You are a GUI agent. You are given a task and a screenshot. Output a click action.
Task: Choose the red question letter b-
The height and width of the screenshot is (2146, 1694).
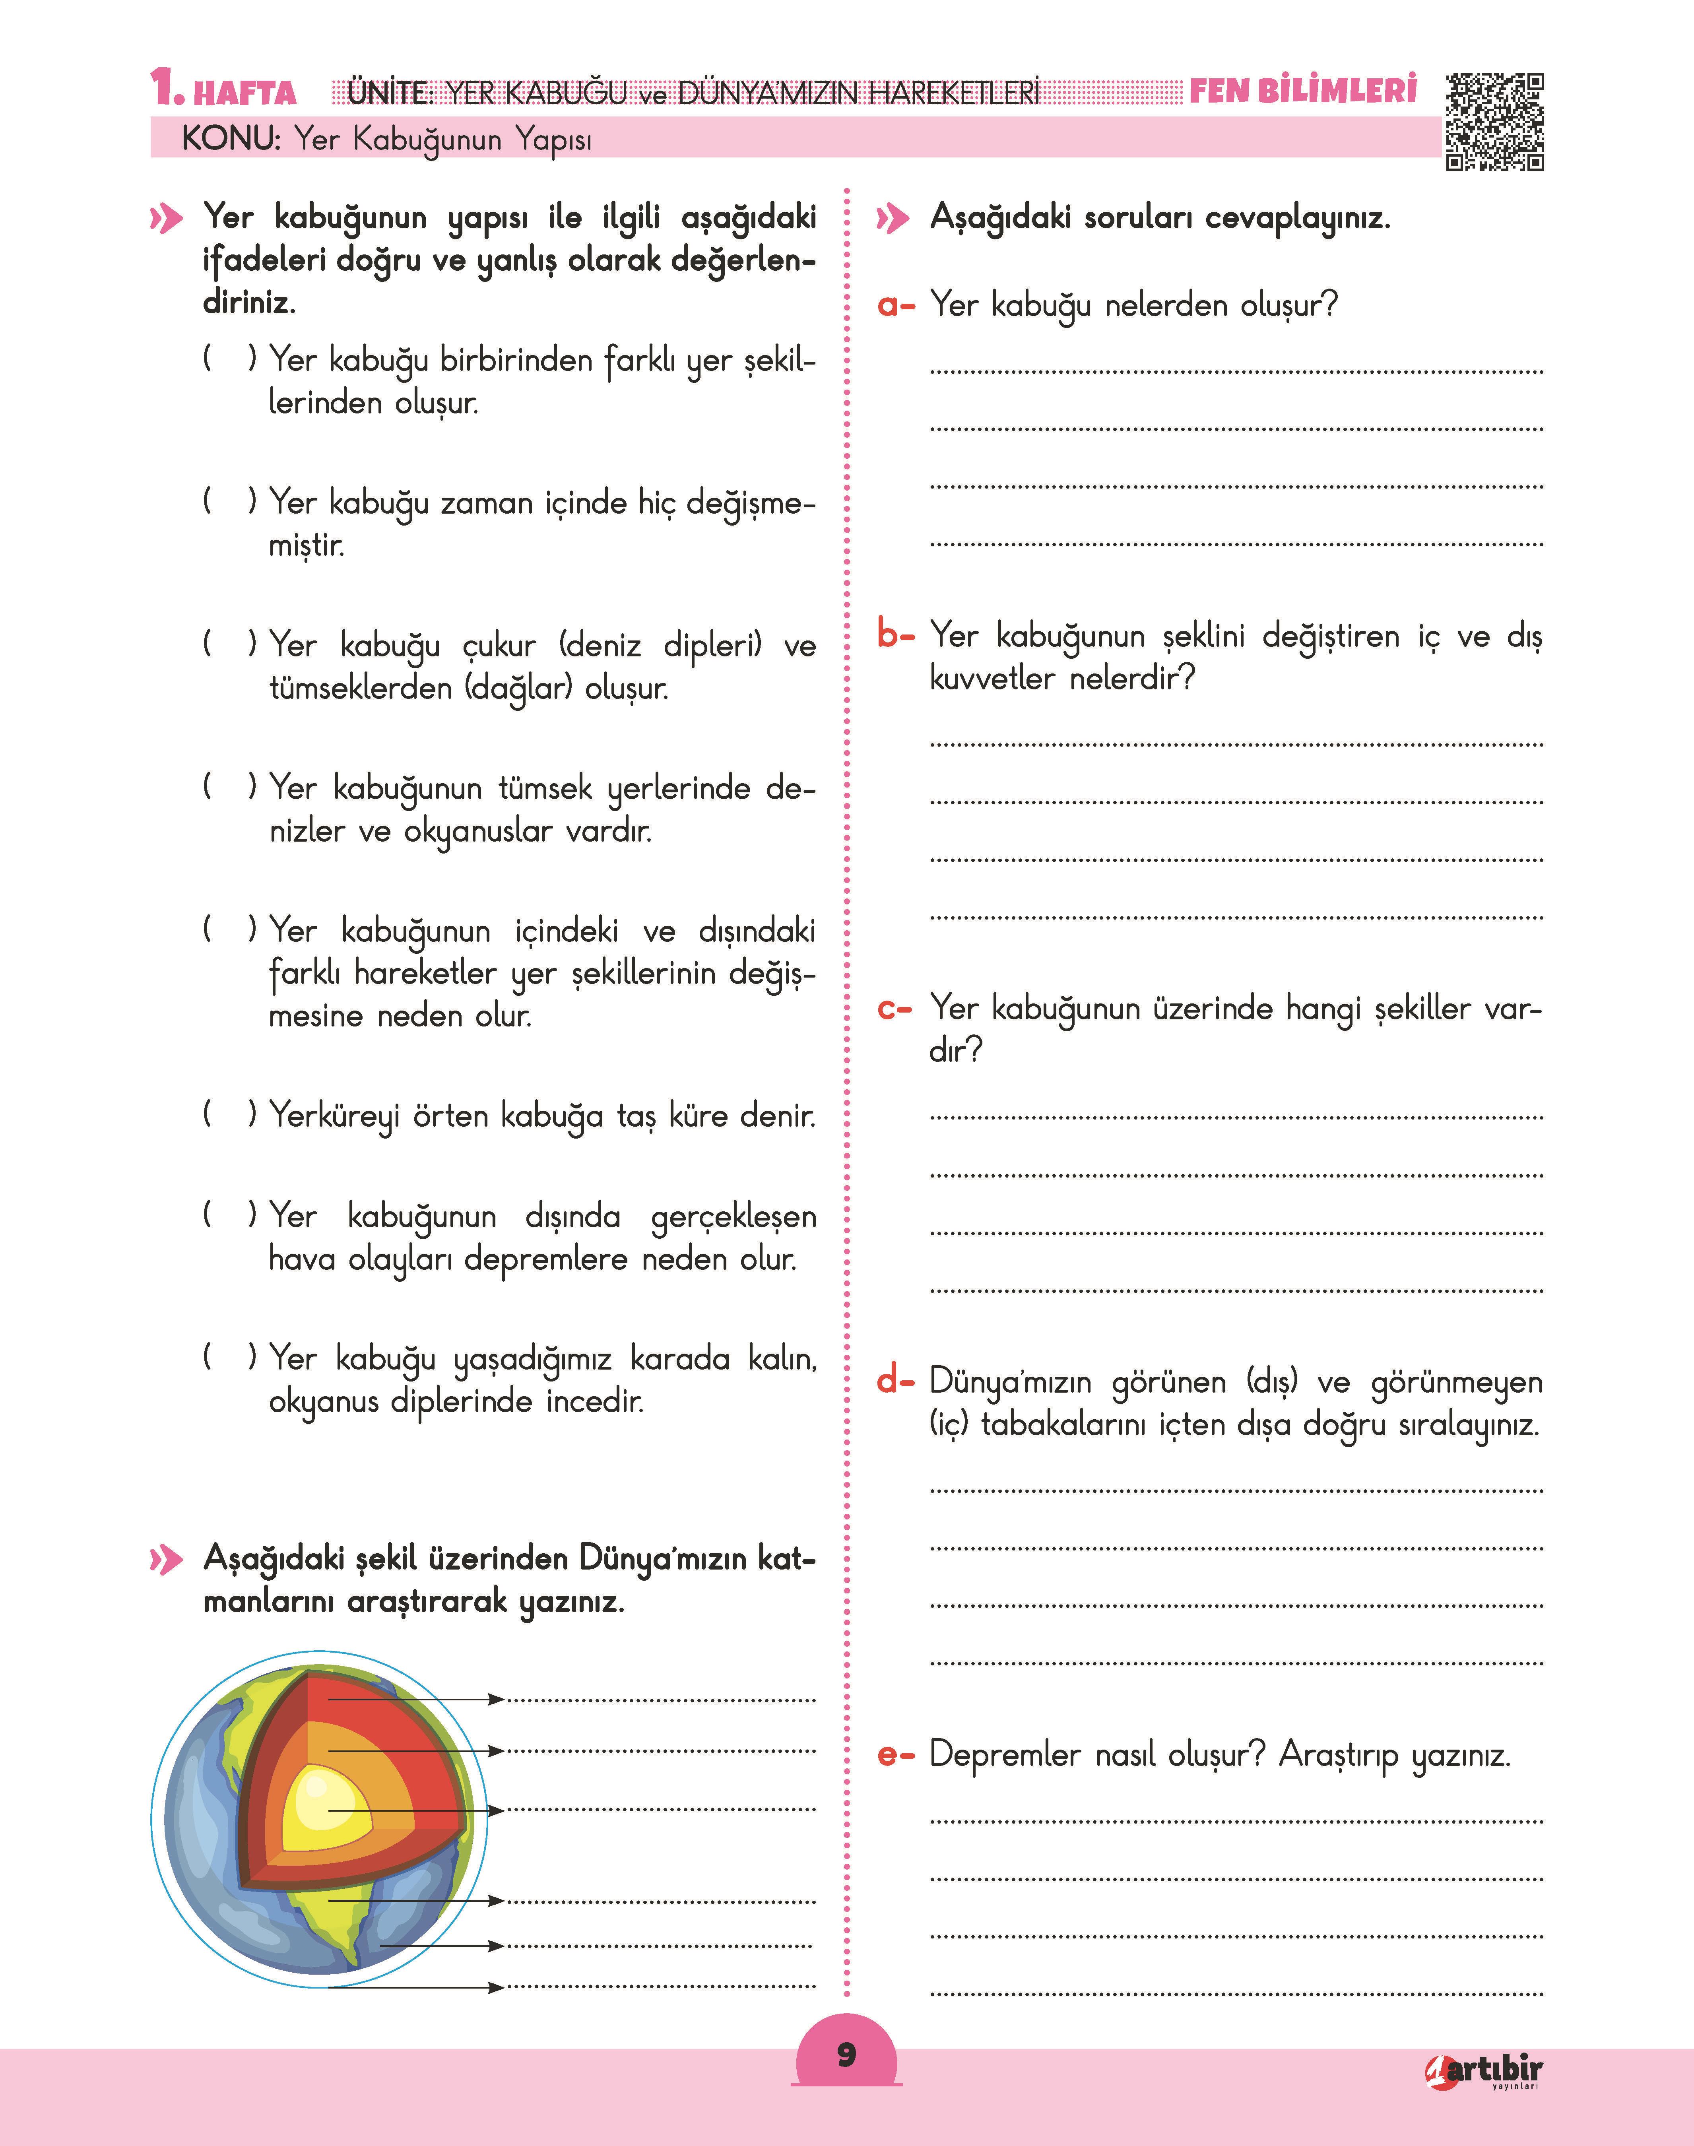click(x=896, y=634)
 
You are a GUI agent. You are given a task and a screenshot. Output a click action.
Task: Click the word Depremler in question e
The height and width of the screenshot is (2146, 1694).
click(x=1004, y=1755)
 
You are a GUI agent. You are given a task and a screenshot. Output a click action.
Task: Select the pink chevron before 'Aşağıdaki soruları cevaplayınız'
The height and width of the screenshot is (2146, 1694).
click(x=893, y=218)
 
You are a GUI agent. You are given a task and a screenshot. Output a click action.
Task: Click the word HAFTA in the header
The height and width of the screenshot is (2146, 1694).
click(x=245, y=93)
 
